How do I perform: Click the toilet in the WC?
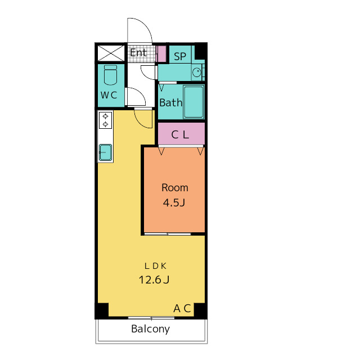(110, 75)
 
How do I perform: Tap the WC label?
(109, 95)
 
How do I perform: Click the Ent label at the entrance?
(138, 53)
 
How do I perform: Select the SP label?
(180, 56)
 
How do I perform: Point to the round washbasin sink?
(197, 73)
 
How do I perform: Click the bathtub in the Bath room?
(193, 102)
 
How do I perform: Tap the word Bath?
(171, 102)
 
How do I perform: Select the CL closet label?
(180, 135)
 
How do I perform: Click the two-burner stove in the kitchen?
(105, 120)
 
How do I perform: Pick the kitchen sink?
(105, 152)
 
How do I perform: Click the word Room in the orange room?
(175, 188)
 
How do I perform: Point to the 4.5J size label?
(174, 202)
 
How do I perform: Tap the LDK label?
(155, 266)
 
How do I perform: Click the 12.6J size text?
(154, 280)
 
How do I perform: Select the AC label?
(182, 308)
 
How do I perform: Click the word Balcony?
(151, 329)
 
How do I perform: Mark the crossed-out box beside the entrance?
(111, 53)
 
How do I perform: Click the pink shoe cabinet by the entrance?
(161, 54)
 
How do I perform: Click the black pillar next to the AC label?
(200, 310)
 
